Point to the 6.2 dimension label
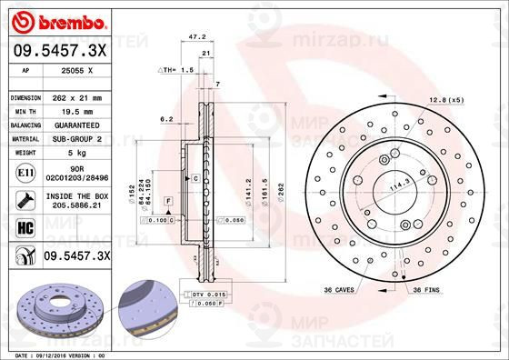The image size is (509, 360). [x=166, y=119]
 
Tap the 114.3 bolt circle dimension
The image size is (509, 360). [x=396, y=186]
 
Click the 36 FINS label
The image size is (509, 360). [x=427, y=289]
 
